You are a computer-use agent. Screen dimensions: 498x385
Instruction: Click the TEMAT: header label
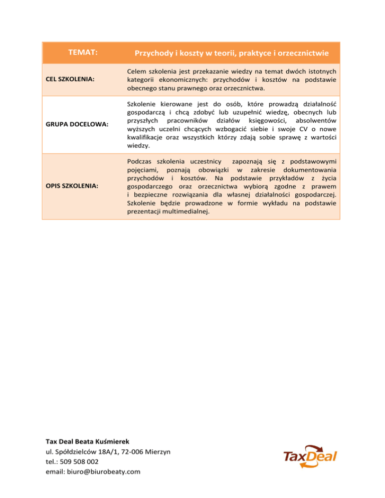[83, 52]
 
